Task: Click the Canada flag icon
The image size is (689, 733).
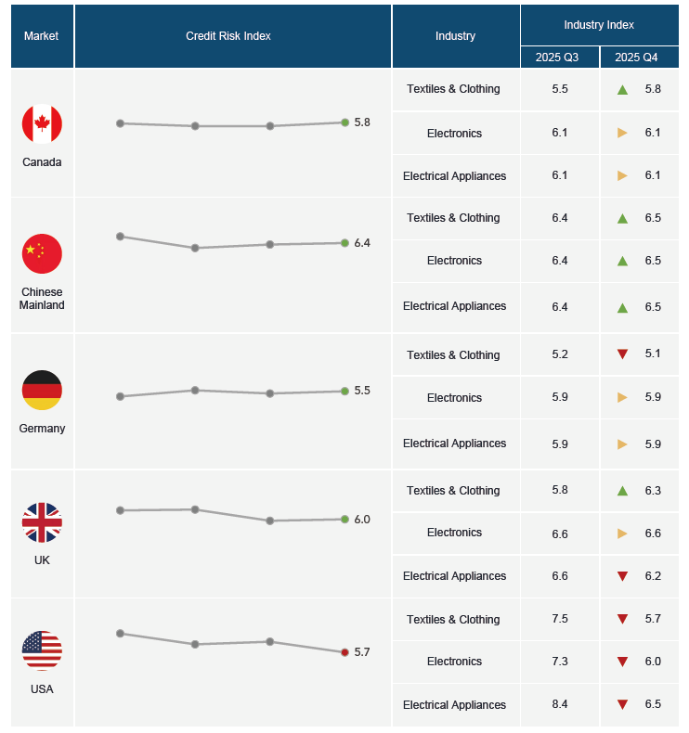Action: tap(42, 124)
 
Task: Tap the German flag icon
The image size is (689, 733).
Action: tap(42, 391)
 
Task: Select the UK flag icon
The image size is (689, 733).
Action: tap(42, 522)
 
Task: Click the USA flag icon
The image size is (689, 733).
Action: tap(42, 650)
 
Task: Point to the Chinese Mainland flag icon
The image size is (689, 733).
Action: tap(42, 254)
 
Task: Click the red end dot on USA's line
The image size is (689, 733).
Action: tap(344, 652)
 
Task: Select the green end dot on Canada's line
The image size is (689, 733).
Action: tap(344, 122)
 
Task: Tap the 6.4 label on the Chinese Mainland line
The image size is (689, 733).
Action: tap(362, 243)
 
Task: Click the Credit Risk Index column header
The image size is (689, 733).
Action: tap(228, 36)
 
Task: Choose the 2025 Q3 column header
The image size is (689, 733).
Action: tap(556, 58)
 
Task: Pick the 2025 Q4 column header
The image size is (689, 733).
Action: tap(636, 58)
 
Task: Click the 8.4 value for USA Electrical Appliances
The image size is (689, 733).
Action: tap(560, 704)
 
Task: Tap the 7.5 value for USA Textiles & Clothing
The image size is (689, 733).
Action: tap(560, 619)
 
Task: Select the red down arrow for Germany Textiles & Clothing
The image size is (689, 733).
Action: tap(622, 354)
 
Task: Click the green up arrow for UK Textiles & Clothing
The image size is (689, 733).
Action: tap(622, 491)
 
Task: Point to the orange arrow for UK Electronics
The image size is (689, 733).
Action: tap(622, 534)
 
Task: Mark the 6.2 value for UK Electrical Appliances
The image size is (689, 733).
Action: tap(653, 576)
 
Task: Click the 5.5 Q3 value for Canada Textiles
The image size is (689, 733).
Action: tap(560, 89)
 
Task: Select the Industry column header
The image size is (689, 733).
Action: tap(455, 36)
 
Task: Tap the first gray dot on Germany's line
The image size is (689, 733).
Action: tap(120, 396)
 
